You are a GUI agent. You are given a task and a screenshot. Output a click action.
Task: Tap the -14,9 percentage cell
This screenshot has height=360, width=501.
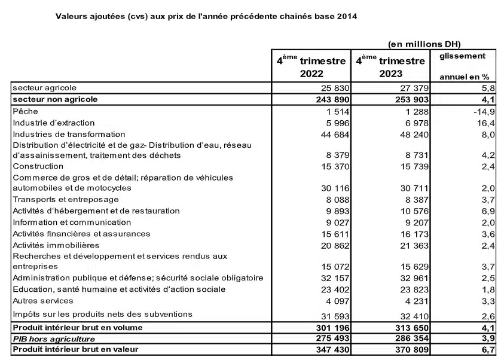click(481, 112)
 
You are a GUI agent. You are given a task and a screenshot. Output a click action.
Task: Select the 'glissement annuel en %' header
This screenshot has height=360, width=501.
click(463, 66)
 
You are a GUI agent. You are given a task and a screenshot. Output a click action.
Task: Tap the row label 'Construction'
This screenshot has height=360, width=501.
click(38, 166)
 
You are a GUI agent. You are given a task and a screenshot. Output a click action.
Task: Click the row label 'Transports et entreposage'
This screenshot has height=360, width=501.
click(65, 199)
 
